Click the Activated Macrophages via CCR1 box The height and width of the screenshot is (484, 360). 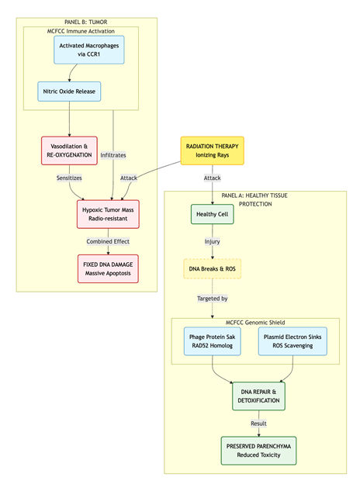click(x=89, y=50)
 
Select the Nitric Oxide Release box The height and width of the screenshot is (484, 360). click(x=69, y=92)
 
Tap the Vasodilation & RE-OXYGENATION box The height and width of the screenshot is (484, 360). click(x=69, y=150)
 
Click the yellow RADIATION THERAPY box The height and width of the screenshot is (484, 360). click(x=212, y=150)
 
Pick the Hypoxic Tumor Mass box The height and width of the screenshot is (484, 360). click(x=108, y=214)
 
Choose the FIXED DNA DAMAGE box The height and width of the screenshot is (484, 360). click(x=108, y=269)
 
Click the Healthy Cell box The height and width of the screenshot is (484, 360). click(x=212, y=214)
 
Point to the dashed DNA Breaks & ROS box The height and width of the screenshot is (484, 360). click(x=212, y=269)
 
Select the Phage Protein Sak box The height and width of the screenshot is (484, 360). click(x=212, y=341)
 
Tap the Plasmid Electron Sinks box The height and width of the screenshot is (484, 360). click(x=292, y=341)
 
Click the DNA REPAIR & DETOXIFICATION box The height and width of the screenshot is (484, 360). click(x=258, y=396)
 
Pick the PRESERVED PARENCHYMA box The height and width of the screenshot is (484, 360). click(x=258, y=451)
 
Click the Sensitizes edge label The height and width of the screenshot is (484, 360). click(x=69, y=178)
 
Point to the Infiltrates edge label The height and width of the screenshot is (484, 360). click(x=113, y=155)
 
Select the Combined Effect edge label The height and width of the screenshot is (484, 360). click(x=108, y=241)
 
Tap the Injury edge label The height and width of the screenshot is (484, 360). click(x=212, y=241)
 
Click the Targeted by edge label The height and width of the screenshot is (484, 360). click(x=212, y=299)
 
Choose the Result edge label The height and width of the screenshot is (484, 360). click(x=258, y=423)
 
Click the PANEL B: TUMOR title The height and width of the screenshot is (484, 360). click(x=86, y=22)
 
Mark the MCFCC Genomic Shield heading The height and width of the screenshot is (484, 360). click(x=255, y=323)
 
